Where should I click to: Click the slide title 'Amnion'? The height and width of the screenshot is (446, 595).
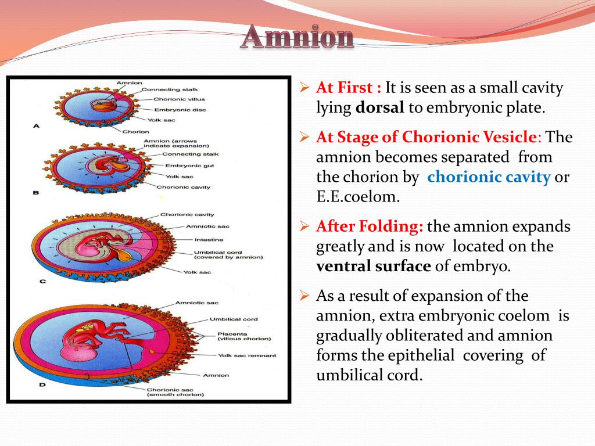pyautogui.click(x=297, y=37)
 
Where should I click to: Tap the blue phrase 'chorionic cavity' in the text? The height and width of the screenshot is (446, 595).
pyautogui.click(x=489, y=177)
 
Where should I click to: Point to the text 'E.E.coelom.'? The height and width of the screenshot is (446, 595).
pyautogui.click(x=358, y=196)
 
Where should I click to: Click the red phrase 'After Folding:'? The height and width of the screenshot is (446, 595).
pyautogui.click(x=370, y=226)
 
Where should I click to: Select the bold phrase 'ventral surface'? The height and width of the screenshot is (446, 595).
pyautogui.click(x=374, y=266)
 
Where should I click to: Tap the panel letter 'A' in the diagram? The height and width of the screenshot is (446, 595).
pyautogui.click(x=37, y=125)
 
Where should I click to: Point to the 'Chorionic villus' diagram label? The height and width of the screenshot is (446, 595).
pyautogui.click(x=179, y=99)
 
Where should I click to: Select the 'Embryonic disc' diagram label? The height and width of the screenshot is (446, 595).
pyautogui.click(x=178, y=109)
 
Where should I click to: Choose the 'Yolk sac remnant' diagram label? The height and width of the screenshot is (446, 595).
pyautogui.click(x=247, y=355)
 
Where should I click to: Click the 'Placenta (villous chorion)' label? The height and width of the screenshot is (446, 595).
pyautogui.click(x=237, y=336)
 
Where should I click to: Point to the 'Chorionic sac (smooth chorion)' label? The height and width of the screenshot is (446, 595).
pyautogui.click(x=175, y=393)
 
